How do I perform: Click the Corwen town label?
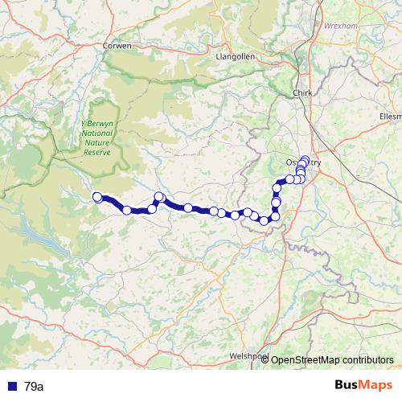click(x=117, y=47)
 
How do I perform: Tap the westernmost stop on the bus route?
click(x=97, y=197)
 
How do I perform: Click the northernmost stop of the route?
click(x=305, y=159)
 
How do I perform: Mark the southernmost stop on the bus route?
click(x=264, y=220)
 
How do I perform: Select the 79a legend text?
click(x=35, y=387)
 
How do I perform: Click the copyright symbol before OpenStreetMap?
click(x=265, y=360)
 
